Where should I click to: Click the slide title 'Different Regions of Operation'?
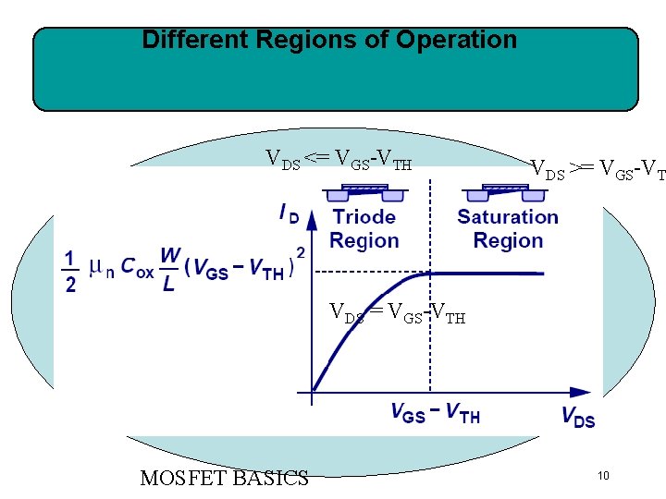pos(329,41)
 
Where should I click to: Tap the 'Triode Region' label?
pos(364,228)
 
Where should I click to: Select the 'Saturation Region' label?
pos(508,228)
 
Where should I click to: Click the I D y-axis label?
pos(290,213)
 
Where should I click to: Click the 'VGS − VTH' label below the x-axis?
pos(435,413)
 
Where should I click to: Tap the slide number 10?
pos(602,476)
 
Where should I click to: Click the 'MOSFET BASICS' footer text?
pos(224,478)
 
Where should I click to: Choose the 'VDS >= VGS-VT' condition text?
pos(597,169)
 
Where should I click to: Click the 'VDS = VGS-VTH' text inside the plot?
pos(398,315)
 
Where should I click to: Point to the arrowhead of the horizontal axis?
pos(580,393)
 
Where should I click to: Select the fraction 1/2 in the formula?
pos(70,270)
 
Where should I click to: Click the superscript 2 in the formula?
pos(301,252)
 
